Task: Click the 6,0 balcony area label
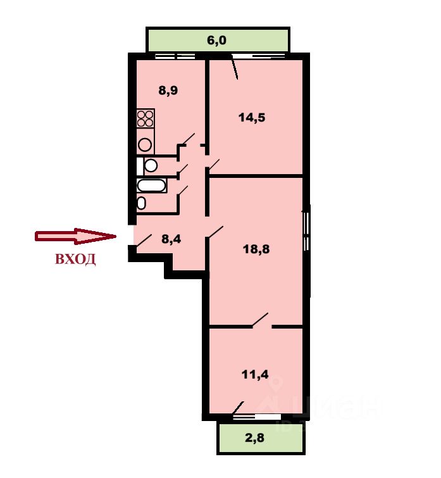pos(216,41)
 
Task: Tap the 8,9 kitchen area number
pos(168,91)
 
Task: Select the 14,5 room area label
pos(251,117)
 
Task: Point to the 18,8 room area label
pos(256,249)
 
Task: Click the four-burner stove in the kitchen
pos(146,119)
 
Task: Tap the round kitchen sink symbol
pos(146,144)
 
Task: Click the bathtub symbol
pos(152,187)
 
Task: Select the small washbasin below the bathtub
pos(142,203)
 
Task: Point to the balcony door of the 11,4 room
pos(239,407)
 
